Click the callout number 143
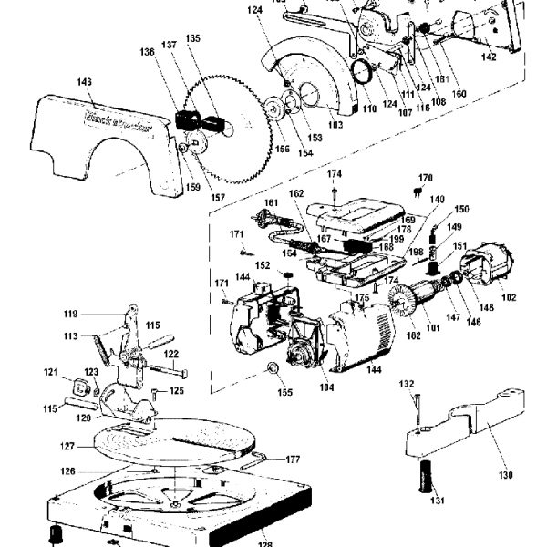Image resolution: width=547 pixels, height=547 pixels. pos(85,83)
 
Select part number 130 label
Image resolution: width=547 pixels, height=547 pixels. pos(507,475)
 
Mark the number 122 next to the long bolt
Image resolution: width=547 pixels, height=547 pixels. pos(170,354)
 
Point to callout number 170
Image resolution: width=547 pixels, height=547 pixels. pos(426,178)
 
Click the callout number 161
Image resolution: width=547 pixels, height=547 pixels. pos(271,202)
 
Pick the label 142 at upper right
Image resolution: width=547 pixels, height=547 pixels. pos(489,57)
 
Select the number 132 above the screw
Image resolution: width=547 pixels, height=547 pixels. pos(407,384)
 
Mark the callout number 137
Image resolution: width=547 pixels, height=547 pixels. pos(170,46)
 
